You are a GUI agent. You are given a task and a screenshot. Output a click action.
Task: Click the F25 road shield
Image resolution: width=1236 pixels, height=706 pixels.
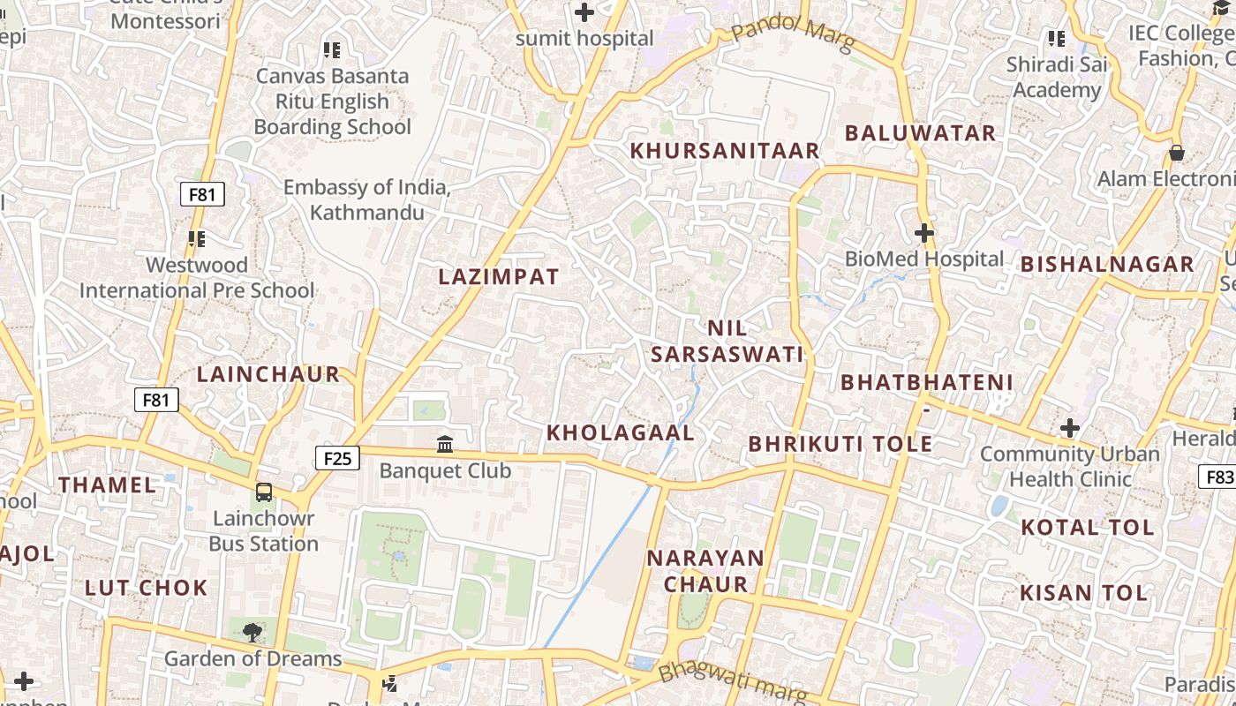tap(337, 458)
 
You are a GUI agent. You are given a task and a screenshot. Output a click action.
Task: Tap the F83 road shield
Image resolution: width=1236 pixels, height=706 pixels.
tap(1219, 477)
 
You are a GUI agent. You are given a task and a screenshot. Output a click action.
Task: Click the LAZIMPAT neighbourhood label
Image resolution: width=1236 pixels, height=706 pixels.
tap(499, 277)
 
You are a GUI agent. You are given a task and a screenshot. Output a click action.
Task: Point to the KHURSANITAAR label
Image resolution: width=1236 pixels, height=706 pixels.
tap(725, 151)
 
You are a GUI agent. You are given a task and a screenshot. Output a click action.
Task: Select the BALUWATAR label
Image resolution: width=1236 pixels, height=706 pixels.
tap(920, 133)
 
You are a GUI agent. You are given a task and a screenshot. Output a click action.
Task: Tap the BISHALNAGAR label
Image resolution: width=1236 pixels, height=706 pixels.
tap(1107, 264)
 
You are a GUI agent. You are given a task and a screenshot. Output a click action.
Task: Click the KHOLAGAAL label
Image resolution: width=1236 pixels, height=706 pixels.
tap(620, 433)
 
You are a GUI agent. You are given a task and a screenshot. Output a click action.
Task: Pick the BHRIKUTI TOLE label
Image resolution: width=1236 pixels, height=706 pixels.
tap(840, 444)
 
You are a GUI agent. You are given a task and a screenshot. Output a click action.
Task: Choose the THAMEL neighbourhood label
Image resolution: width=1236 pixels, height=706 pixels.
tap(107, 484)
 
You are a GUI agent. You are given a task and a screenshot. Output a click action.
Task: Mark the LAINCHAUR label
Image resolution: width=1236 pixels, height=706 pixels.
tap(268, 374)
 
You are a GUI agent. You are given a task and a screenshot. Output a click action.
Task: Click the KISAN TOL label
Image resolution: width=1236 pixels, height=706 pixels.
tap(1083, 593)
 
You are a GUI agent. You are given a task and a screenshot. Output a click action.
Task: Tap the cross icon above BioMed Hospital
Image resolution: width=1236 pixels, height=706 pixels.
tap(924, 234)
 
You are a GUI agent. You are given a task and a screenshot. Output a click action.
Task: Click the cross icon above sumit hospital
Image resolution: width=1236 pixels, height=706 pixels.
tap(584, 12)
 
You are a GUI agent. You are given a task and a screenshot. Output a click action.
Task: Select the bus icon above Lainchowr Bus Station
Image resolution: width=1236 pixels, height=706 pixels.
tap(263, 492)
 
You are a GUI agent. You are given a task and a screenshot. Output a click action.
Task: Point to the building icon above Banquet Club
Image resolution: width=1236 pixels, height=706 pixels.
tap(445, 444)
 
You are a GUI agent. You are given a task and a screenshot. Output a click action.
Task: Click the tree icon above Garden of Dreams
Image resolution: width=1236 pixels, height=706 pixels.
tap(252, 632)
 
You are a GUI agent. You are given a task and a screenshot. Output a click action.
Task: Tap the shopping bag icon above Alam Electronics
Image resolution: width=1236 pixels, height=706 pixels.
tap(1176, 153)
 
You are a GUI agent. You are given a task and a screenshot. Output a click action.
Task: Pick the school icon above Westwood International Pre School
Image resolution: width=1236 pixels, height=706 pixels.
tap(196, 238)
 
